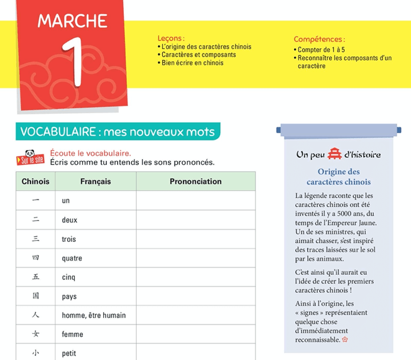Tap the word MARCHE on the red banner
[x=72, y=21]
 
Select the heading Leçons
[x=171, y=38]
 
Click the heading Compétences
[x=319, y=39]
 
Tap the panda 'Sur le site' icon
[x=29, y=158]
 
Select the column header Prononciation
[x=195, y=182]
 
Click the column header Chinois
[x=35, y=182]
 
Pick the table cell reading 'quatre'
[x=72, y=258]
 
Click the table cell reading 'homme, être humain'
[x=94, y=315]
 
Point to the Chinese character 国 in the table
[x=35, y=296]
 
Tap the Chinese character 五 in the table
[x=35, y=277]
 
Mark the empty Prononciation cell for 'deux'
[x=195, y=220]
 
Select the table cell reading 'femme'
[x=73, y=335]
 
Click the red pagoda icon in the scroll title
[x=335, y=154]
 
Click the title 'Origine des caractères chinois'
[x=338, y=177]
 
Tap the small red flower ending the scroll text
[x=345, y=340]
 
